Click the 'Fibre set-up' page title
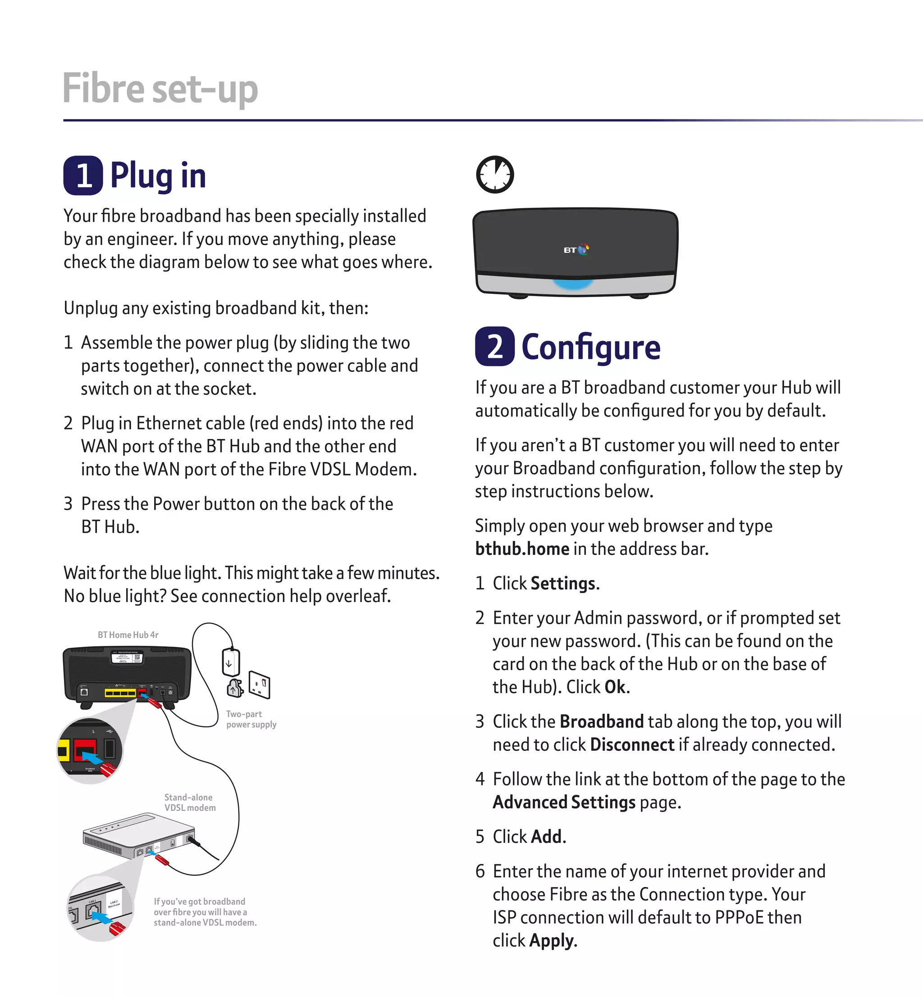(160, 89)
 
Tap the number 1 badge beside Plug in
(83, 175)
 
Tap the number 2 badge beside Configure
(494, 346)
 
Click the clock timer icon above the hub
(494, 175)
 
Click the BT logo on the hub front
(576, 250)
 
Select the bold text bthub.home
(522, 549)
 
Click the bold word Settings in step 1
(563, 584)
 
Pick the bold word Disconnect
(632, 745)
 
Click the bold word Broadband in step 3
(601, 722)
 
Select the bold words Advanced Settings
(564, 802)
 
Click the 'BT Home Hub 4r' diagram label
(128, 635)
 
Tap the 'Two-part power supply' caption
(251, 719)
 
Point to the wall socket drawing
(260, 685)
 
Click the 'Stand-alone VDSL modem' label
(190, 802)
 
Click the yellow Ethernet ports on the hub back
(120, 693)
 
